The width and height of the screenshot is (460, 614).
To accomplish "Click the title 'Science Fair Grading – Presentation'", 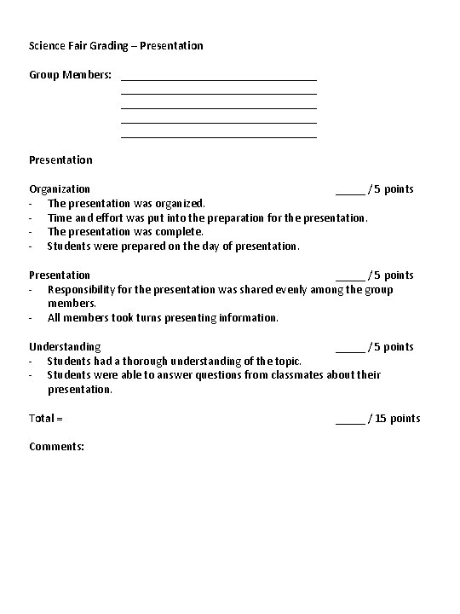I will (x=116, y=45).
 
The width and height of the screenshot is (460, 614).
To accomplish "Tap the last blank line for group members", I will (x=219, y=136).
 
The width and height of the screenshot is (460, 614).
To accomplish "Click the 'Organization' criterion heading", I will (x=60, y=188).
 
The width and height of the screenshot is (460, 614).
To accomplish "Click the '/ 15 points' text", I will (x=394, y=418).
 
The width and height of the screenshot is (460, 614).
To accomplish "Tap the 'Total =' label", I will (x=46, y=418).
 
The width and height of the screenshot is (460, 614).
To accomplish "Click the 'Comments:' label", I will (x=56, y=446).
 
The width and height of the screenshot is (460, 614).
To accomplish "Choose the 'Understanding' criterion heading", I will (x=65, y=346).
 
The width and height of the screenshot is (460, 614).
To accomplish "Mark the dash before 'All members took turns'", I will (x=31, y=317).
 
